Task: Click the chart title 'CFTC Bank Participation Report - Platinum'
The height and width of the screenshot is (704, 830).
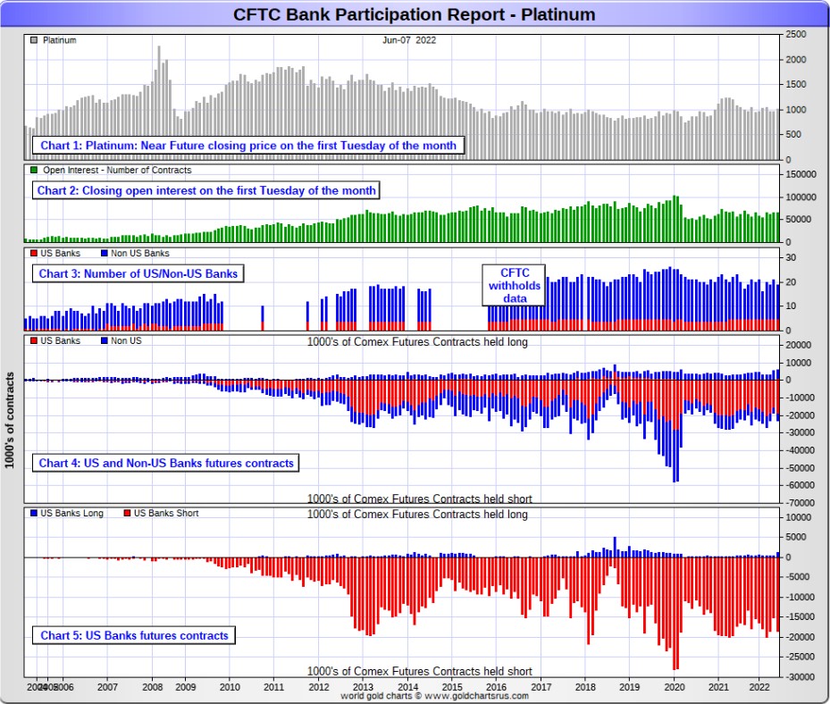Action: (414, 15)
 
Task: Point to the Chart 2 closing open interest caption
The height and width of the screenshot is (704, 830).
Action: (206, 190)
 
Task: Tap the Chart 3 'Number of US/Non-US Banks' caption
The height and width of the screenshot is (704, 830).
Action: (138, 273)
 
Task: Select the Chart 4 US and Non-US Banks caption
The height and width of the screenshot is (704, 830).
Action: (166, 463)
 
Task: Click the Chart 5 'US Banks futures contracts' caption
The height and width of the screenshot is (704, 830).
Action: (133, 635)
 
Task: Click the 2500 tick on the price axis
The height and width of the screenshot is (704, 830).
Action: (797, 34)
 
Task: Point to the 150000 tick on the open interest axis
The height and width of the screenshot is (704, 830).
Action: (802, 175)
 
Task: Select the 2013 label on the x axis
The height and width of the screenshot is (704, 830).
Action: (363, 688)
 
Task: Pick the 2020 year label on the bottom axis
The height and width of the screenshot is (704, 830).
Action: (675, 688)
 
